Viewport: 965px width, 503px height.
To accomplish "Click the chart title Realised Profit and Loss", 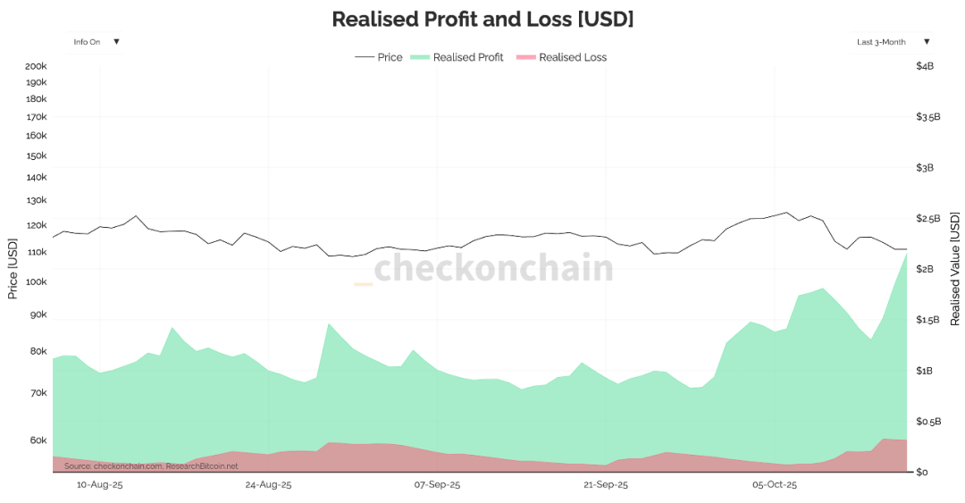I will click(482, 19).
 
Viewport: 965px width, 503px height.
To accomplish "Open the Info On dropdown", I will click(96, 42).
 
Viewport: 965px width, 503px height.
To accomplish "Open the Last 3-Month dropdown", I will click(893, 42).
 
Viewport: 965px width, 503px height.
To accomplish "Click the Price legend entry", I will click(379, 57).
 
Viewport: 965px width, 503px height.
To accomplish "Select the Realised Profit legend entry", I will click(457, 57).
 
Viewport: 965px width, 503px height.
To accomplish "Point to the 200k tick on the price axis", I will click(36, 66).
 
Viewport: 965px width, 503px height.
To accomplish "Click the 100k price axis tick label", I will click(36, 281).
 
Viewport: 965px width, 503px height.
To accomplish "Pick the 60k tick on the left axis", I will click(38, 440).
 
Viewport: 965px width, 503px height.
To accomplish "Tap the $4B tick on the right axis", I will click(925, 66).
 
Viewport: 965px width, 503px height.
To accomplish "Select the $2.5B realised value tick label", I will click(928, 219).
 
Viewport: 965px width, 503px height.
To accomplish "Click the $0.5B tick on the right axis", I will click(928, 422).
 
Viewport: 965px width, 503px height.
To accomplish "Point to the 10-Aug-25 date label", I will click(99, 485).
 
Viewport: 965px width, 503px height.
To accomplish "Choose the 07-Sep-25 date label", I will click(437, 485).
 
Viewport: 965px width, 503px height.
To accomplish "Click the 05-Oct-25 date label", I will click(774, 485).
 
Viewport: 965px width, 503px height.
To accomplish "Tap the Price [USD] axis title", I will click(13, 268).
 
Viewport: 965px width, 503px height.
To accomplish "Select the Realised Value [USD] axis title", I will click(954, 268).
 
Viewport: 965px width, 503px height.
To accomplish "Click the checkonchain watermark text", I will click(493, 268).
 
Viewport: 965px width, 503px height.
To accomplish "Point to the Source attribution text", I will click(151, 465).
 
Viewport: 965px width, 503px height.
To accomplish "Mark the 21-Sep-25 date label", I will click(605, 485).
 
